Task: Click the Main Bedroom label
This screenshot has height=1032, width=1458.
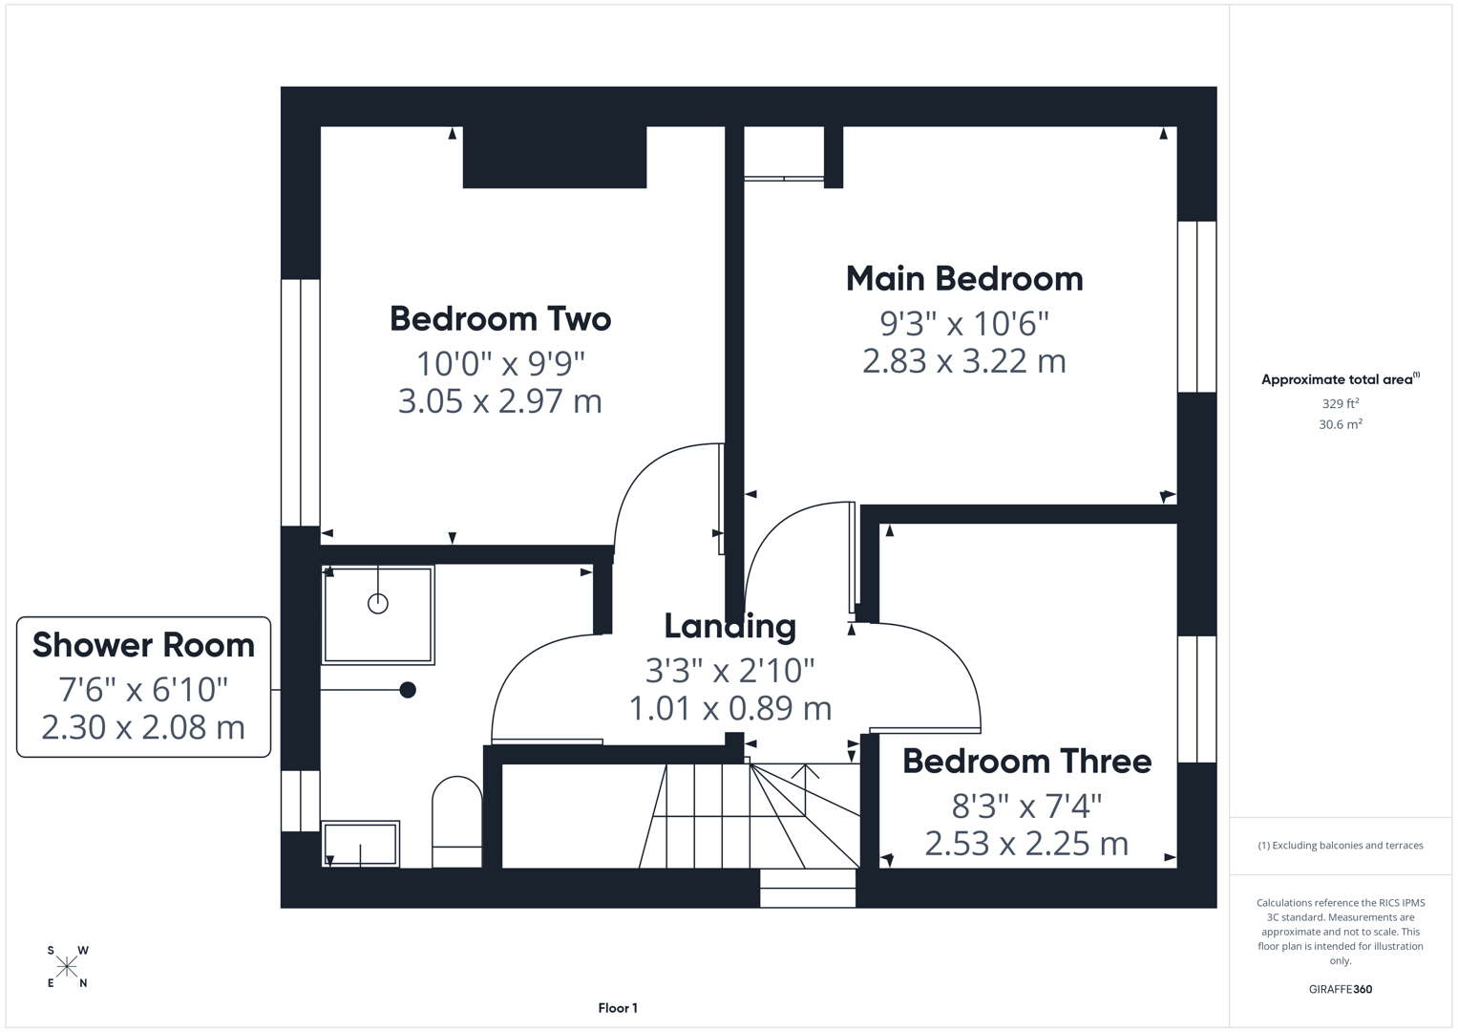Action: pos(964,279)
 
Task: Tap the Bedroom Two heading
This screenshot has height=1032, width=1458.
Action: pos(499,319)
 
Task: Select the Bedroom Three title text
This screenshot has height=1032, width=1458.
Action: pos(1026,762)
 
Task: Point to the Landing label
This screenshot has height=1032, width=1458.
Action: pos(729,627)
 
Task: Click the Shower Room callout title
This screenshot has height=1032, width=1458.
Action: pos(143,645)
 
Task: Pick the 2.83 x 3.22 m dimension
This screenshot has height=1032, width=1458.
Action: pos(963,361)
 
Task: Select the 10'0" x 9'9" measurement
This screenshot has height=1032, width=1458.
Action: pos(499,363)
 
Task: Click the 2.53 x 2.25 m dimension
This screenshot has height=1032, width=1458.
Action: pos(1026,844)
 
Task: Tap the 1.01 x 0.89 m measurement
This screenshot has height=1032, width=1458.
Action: pos(729,708)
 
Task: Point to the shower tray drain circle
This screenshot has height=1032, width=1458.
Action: pos(378,604)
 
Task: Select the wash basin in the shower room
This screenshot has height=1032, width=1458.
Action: pos(360,844)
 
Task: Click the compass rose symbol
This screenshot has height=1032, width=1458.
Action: pos(67,967)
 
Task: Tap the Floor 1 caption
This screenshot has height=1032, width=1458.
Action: pos(618,1008)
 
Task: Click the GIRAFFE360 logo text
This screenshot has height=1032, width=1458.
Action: pos(1340,989)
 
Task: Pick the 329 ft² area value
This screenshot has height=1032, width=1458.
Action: pos(1340,403)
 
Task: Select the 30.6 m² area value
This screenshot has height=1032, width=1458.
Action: pos(1340,424)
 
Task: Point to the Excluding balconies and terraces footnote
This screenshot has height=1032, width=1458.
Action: pos(1340,846)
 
